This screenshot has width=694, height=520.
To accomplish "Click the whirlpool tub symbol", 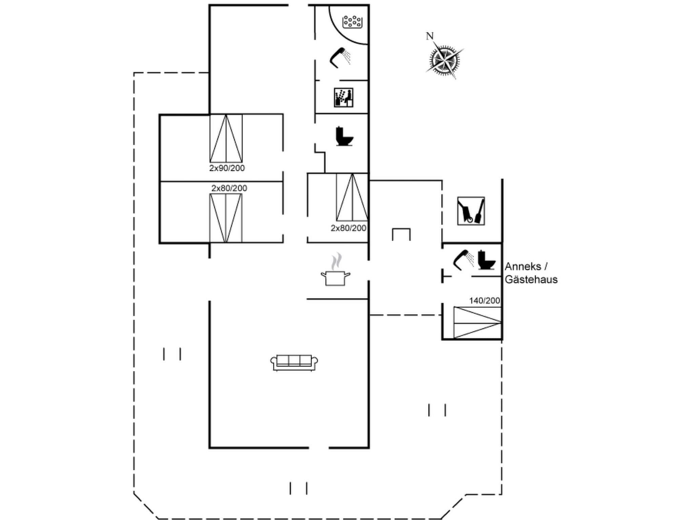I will pyautogui.click(x=352, y=22).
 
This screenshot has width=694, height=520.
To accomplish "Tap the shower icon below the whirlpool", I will pyautogui.click(x=340, y=58).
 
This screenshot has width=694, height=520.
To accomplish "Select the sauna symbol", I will pyautogui.click(x=343, y=97).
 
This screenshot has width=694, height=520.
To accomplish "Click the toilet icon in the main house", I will pyautogui.click(x=344, y=136).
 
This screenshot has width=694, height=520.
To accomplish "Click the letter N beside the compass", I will pyautogui.click(x=429, y=36).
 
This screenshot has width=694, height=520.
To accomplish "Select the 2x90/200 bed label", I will pyautogui.click(x=227, y=168).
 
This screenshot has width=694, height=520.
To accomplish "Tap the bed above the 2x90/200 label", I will pyautogui.click(x=226, y=138).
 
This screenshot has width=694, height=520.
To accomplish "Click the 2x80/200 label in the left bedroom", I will pyautogui.click(x=229, y=188).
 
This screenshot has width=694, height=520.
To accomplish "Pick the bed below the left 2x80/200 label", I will pyautogui.click(x=226, y=218).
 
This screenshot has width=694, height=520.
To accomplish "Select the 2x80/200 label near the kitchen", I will pyautogui.click(x=348, y=228).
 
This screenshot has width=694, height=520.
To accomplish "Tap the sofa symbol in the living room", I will pyautogui.click(x=294, y=363).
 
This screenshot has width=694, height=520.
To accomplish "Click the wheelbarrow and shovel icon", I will pyautogui.click(x=471, y=211).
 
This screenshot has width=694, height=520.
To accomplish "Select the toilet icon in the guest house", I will pyautogui.click(x=486, y=260).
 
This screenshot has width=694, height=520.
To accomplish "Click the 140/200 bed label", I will pyautogui.click(x=484, y=301).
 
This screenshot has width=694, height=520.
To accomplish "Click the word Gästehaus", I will pyautogui.click(x=531, y=280).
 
